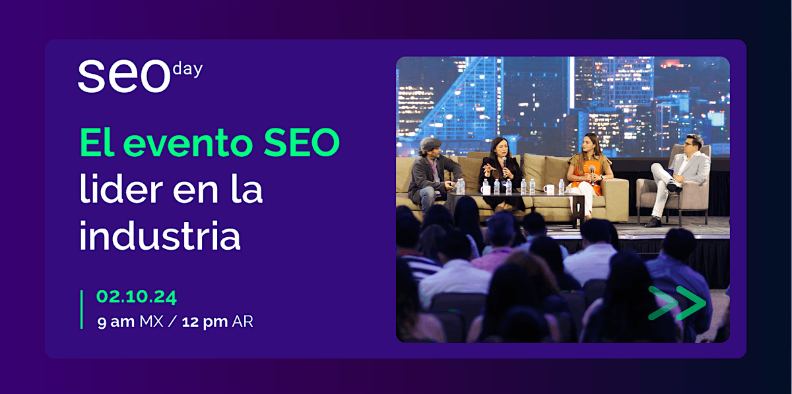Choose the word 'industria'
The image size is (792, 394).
pos(160,237)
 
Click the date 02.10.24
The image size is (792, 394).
pos(137,297)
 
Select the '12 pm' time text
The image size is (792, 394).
pos(205,322)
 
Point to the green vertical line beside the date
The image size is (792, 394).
pos(82,309)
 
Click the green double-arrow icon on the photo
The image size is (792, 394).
pos(676,303)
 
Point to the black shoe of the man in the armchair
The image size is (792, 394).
pos(652,223)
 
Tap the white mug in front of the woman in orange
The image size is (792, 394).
pos(548,189)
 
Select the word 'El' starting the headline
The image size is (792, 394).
pos(97,144)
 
